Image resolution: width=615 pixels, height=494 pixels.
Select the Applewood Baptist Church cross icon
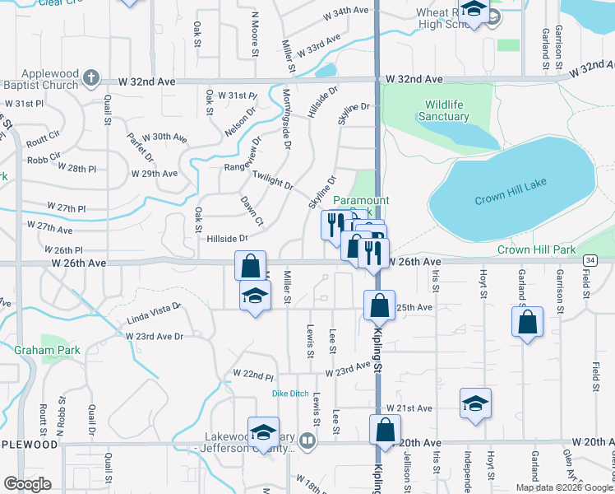tap(90, 80)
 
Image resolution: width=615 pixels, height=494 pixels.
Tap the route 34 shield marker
tap(590, 260)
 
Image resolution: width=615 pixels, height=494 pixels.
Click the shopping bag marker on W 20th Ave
tap(385, 431)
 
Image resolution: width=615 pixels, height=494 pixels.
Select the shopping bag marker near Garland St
tap(527, 321)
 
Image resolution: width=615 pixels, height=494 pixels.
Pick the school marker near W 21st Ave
tap(475, 404)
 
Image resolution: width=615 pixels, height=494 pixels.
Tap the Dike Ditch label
tap(290, 394)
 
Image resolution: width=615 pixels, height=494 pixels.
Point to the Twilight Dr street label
tap(273, 180)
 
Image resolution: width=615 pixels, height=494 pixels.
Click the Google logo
tap(27, 484)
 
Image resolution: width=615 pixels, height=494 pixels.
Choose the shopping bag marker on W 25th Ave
tap(379, 305)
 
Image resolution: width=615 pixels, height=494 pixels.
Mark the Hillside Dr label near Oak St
tap(228, 238)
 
